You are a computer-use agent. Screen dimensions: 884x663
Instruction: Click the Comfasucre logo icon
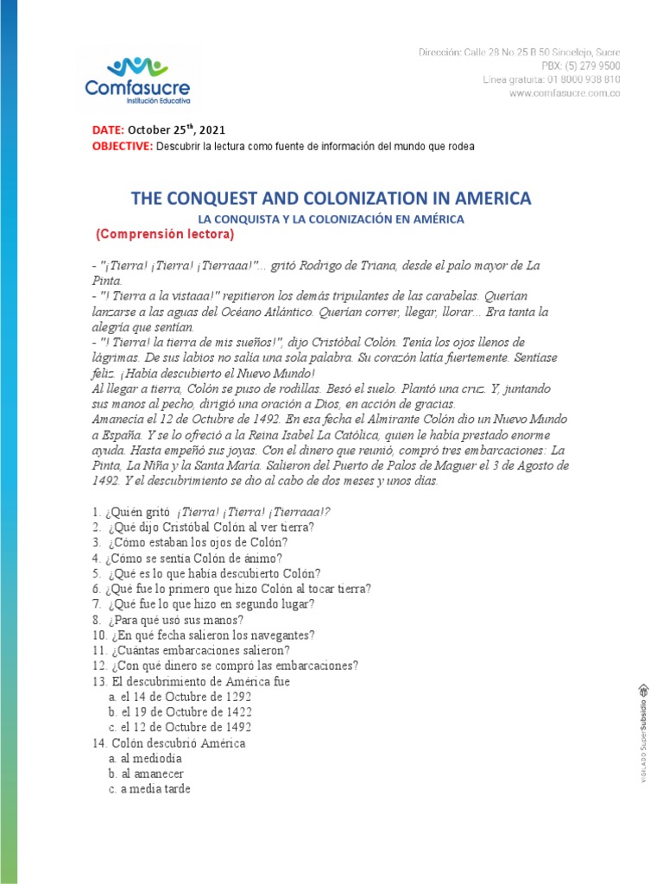pyautogui.click(x=137, y=66)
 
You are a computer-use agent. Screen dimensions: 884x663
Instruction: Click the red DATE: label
pyautogui.click(x=109, y=130)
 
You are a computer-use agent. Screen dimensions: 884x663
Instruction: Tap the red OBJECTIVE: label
pyautogui.click(x=122, y=146)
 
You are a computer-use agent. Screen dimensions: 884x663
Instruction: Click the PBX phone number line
pyautogui.click(x=580, y=66)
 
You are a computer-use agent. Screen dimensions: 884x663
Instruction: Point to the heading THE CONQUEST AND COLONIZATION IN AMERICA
pyautogui.click(x=331, y=199)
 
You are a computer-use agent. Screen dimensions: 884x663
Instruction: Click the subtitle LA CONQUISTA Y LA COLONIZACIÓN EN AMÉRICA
pyautogui.click(x=331, y=219)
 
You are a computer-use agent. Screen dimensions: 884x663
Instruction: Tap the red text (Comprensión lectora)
pyautogui.click(x=164, y=235)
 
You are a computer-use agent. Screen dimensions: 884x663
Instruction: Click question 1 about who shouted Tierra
pyautogui.click(x=211, y=511)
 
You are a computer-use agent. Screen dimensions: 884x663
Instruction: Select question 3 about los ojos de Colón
pyautogui.click(x=189, y=542)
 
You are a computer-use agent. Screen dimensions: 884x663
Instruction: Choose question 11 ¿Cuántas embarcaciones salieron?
pyautogui.click(x=190, y=650)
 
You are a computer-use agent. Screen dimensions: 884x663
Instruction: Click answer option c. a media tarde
pyautogui.click(x=149, y=789)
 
